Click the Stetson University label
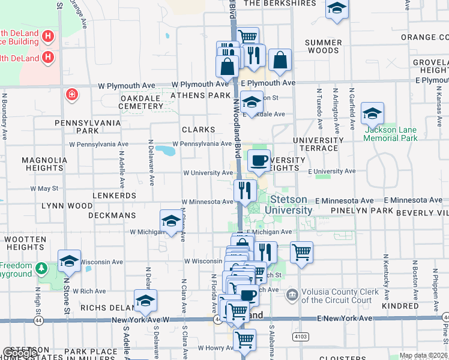point(291,205)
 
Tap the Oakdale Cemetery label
point(133,102)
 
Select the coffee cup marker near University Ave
point(259,161)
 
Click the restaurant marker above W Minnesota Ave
point(245,191)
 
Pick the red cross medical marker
point(71,95)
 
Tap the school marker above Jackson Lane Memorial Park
point(372,113)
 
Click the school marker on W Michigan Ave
point(171,221)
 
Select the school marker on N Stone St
point(69,261)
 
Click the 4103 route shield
point(301,337)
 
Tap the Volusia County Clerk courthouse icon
point(292,294)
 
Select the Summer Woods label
point(322,46)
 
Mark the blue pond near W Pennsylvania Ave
point(165,149)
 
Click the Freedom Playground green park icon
point(41,267)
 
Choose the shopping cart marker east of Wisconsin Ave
point(301,252)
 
